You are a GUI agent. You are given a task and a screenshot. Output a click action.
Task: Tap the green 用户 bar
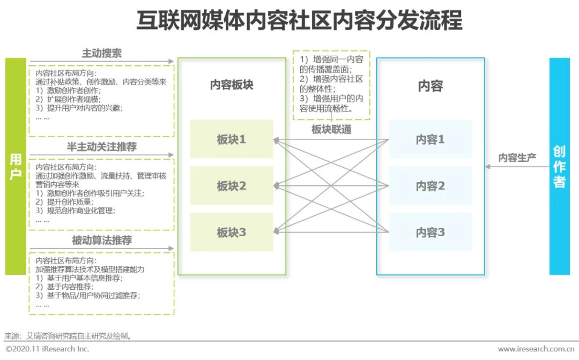click(16, 166)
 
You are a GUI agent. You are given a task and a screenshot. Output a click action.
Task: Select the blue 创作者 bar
click(559, 166)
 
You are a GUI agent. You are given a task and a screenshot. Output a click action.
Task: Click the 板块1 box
click(232, 139)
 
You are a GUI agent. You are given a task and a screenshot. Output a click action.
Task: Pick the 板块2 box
click(232, 186)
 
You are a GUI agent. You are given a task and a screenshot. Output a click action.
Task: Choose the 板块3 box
click(232, 232)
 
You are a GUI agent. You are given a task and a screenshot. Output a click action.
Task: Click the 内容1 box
click(430, 139)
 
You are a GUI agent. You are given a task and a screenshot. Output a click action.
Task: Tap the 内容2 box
click(430, 186)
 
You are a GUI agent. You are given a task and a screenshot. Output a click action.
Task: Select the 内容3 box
click(430, 232)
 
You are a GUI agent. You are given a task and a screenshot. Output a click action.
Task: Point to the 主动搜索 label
click(102, 54)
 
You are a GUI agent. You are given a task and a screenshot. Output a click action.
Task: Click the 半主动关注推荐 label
click(102, 147)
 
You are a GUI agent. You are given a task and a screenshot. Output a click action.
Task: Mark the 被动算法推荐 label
click(102, 241)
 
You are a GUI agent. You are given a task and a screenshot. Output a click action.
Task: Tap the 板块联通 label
click(331, 130)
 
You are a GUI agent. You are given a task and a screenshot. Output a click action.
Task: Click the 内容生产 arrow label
click(517, 158)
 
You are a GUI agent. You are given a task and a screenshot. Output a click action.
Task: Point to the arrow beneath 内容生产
click(516, 167)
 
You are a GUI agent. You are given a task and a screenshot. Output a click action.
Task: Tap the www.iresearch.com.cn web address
click(537, 349)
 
